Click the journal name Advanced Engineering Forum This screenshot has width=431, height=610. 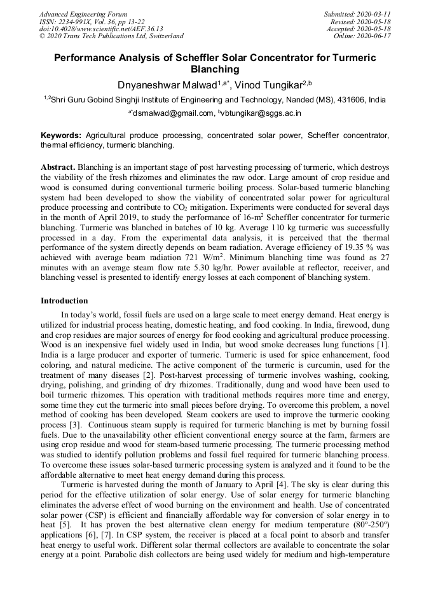click(x=83, y=14)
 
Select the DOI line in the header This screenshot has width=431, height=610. click(x=101, y=29)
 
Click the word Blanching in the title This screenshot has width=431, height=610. click(x=215, y=69)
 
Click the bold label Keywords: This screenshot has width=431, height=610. click(x=62, y=135)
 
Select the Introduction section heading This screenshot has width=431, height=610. click(x=64, y=300)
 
